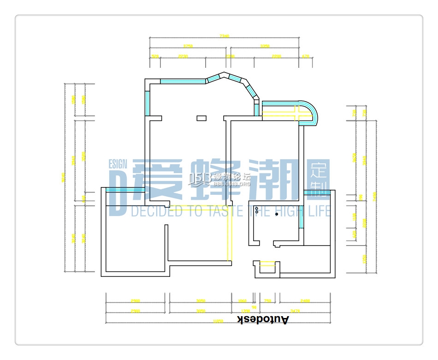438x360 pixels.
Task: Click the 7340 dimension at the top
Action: pyautogui.click(x=225, y=36)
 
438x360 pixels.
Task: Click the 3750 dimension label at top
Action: pyautogui.click(x=188, y=46)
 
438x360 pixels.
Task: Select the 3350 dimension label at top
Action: pyautogui.click(x=265, y=46)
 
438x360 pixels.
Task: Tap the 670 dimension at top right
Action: pyautogui.click(x=305, y=56)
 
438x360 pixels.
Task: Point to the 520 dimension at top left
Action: pyautogui.click(x=155, y=56)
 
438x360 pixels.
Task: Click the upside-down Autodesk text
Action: pyautogui.click(x=263, y=319)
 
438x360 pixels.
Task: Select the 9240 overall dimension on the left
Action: pyautogui.click(x=65, y=178)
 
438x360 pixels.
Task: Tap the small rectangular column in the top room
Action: pyautogui.click(x=201, y=118)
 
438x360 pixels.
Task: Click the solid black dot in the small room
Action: pyautogui.click(x=277, y=214)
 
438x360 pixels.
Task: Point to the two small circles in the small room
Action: pyautogui.click(x=257, y=210)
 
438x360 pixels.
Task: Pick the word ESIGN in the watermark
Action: pyautogui.click(x=118, y=164)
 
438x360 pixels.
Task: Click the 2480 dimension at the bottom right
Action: pyautogui.click(x=304, y=301)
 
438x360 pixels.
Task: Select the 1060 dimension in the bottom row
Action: pyautogui.click(x=242, y=301)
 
